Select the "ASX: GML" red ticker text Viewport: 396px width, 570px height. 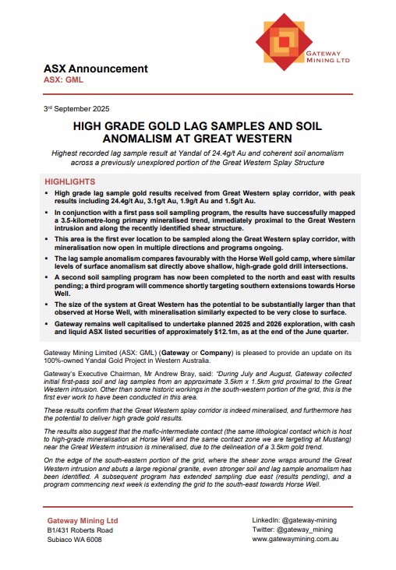[63, 79]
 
